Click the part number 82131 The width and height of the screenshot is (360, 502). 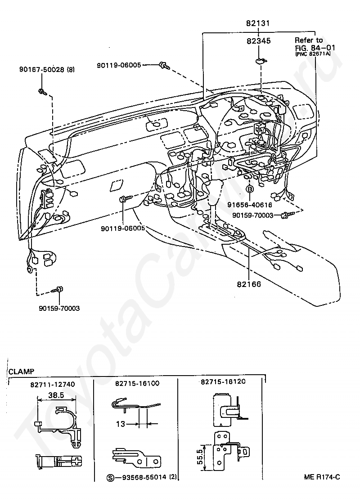(258, 23)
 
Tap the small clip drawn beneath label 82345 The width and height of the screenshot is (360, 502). (260, 60)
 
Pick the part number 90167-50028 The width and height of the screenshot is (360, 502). (40, 70)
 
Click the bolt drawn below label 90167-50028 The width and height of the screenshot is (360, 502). (42, 92)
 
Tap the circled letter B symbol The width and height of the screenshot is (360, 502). (248, 190)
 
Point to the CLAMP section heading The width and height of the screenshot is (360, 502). (21, 371)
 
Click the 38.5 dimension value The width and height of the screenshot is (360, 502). (57, 395)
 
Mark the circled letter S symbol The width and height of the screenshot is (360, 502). (111, 477)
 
